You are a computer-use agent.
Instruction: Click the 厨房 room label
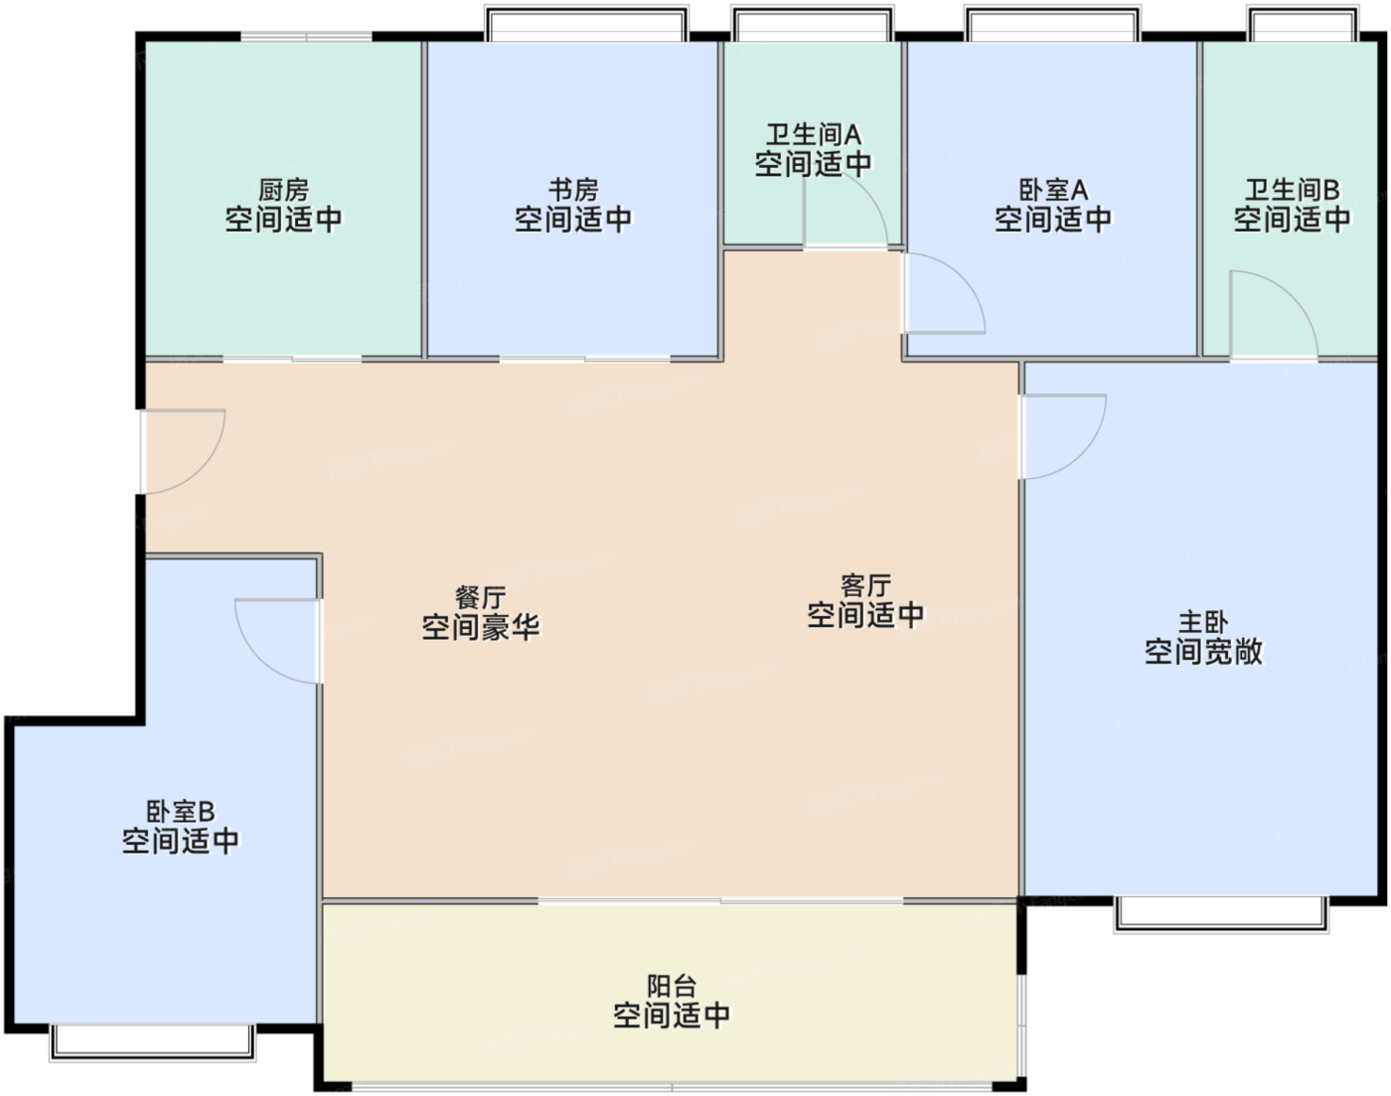tap(284, 190)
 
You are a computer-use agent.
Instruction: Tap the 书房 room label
tap(573, 190)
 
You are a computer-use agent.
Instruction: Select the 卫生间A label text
tap(813, 135)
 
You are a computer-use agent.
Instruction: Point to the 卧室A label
tap(1053, 190)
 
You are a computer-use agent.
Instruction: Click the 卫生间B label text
tap(1292, 190)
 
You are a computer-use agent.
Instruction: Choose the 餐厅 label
tap(480, 597)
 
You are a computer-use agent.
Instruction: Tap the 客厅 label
tap(865, 586)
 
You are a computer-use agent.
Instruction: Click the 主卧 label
tap(1203, 623)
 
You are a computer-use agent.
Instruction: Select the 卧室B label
tap(181, 812)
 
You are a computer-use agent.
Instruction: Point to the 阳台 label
tap(672, 986)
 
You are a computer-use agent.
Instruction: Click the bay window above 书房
tap(586, 24)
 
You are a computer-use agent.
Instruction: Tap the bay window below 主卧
tap(1221, 913)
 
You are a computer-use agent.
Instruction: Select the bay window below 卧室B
tap(153, 1042)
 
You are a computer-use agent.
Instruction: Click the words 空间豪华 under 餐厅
tap(480, 627)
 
